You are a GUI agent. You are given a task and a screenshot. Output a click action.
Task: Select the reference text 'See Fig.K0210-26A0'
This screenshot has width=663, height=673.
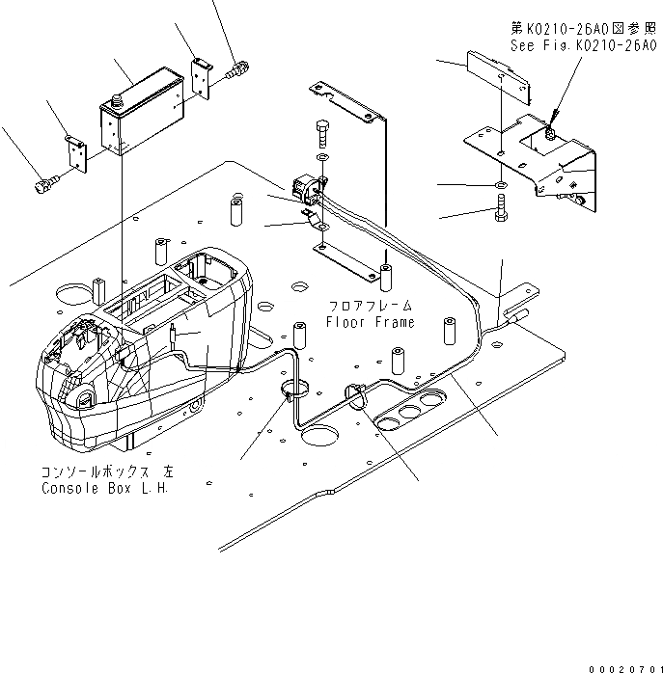coord(583,44)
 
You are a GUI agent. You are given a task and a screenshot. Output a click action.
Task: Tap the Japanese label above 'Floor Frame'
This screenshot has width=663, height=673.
coord(371,305)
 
